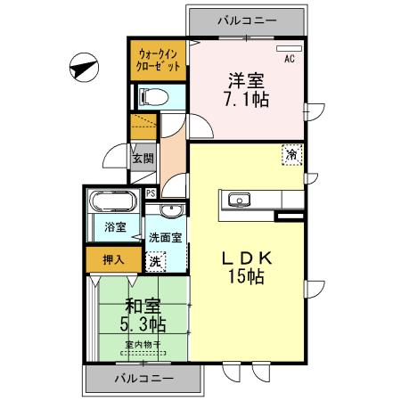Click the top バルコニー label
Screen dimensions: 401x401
click(246, 20)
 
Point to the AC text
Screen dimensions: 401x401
click(290, 60)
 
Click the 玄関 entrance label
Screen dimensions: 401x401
click(143, 160)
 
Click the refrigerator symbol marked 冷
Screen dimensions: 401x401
click(292, 154)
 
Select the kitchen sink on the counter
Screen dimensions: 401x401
click(239, 199)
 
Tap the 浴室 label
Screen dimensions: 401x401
click(114, 227)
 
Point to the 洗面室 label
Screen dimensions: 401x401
click(165, 238)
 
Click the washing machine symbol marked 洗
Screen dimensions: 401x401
click(155, 262)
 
